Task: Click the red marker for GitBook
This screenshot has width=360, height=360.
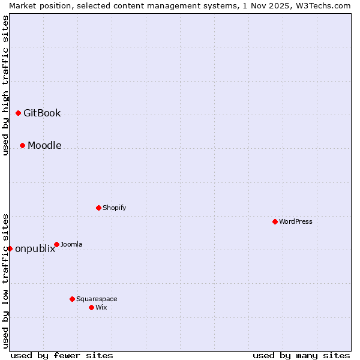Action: point(18,113)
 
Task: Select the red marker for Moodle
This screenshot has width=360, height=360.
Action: point(22,145)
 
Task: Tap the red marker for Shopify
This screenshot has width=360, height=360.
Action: point(98,208)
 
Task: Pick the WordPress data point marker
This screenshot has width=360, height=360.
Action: point(275,221)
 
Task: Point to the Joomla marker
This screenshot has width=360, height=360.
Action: point(56,244)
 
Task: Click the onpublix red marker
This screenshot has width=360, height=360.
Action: point(10,248)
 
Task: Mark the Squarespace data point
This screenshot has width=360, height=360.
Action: point(72,299)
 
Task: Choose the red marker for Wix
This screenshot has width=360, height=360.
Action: point(91,307)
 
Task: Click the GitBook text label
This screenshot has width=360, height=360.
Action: point(42,113)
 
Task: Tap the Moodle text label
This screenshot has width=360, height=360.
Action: point(44,145)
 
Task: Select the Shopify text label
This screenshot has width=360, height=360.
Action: point(114,208)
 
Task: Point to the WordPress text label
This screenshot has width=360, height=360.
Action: point(295,221)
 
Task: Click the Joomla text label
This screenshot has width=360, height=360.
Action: point(71,244)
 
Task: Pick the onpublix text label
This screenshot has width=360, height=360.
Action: point(35,249)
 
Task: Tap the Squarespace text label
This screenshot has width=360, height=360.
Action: point(97,299)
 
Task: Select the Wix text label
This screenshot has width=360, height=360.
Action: point(101,307)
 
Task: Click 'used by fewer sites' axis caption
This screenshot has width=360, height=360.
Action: point(62,355)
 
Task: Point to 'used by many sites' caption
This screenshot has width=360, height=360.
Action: point(301,355)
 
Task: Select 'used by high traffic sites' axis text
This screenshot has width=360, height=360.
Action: point(5,85)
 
